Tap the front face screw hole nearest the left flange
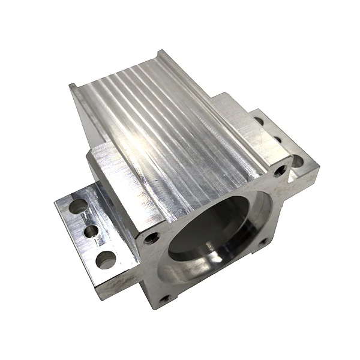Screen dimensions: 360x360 click(151, 239)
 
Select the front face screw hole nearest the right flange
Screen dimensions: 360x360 click(280, 170)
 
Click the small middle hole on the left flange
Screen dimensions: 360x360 click(91, 231)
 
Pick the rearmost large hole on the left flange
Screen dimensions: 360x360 click(78, 207)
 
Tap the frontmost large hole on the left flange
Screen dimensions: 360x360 click(106, 260)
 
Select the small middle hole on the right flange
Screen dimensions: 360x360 click(277, 140)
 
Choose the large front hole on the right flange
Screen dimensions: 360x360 click(298, 161)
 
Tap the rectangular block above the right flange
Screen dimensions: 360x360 click(237, 120)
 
